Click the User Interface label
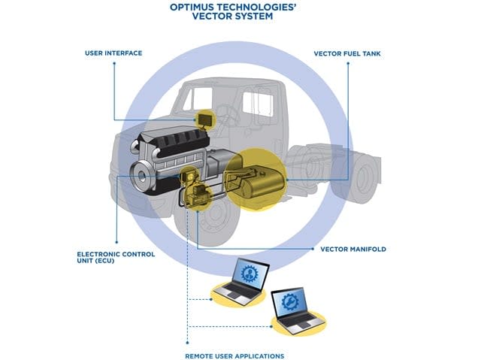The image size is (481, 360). pyautogui.click(x=114, y=53)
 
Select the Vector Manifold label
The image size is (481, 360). pyautogui.click(x=353, y=249)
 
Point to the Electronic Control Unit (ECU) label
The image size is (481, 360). pyautogui.click(x=116, y=258)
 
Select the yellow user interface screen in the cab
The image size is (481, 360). pyautogui.click(x=204, y=118)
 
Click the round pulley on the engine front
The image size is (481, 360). pyautogui.click(x=142, y=180)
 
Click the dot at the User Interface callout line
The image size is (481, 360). pyautogui.click(x=114, y=65)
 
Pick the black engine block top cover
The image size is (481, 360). pyautogui.click(x=167, y=140)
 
